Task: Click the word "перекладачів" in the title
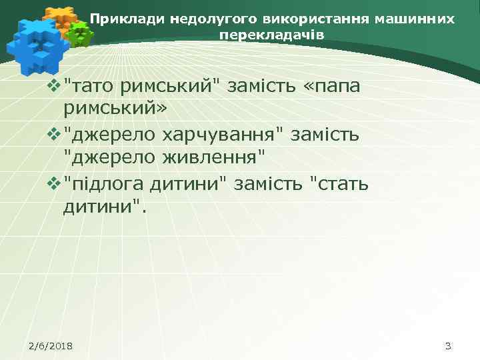pos(272,34)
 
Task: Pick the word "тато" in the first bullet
pos(91,85)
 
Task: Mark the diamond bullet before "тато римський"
pos(54,86)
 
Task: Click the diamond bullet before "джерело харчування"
pos(54,135)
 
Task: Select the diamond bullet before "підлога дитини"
pos(54,183)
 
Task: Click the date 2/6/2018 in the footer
pos(51,345)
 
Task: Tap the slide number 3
pos(447,345)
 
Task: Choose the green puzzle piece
pos(81,33)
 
